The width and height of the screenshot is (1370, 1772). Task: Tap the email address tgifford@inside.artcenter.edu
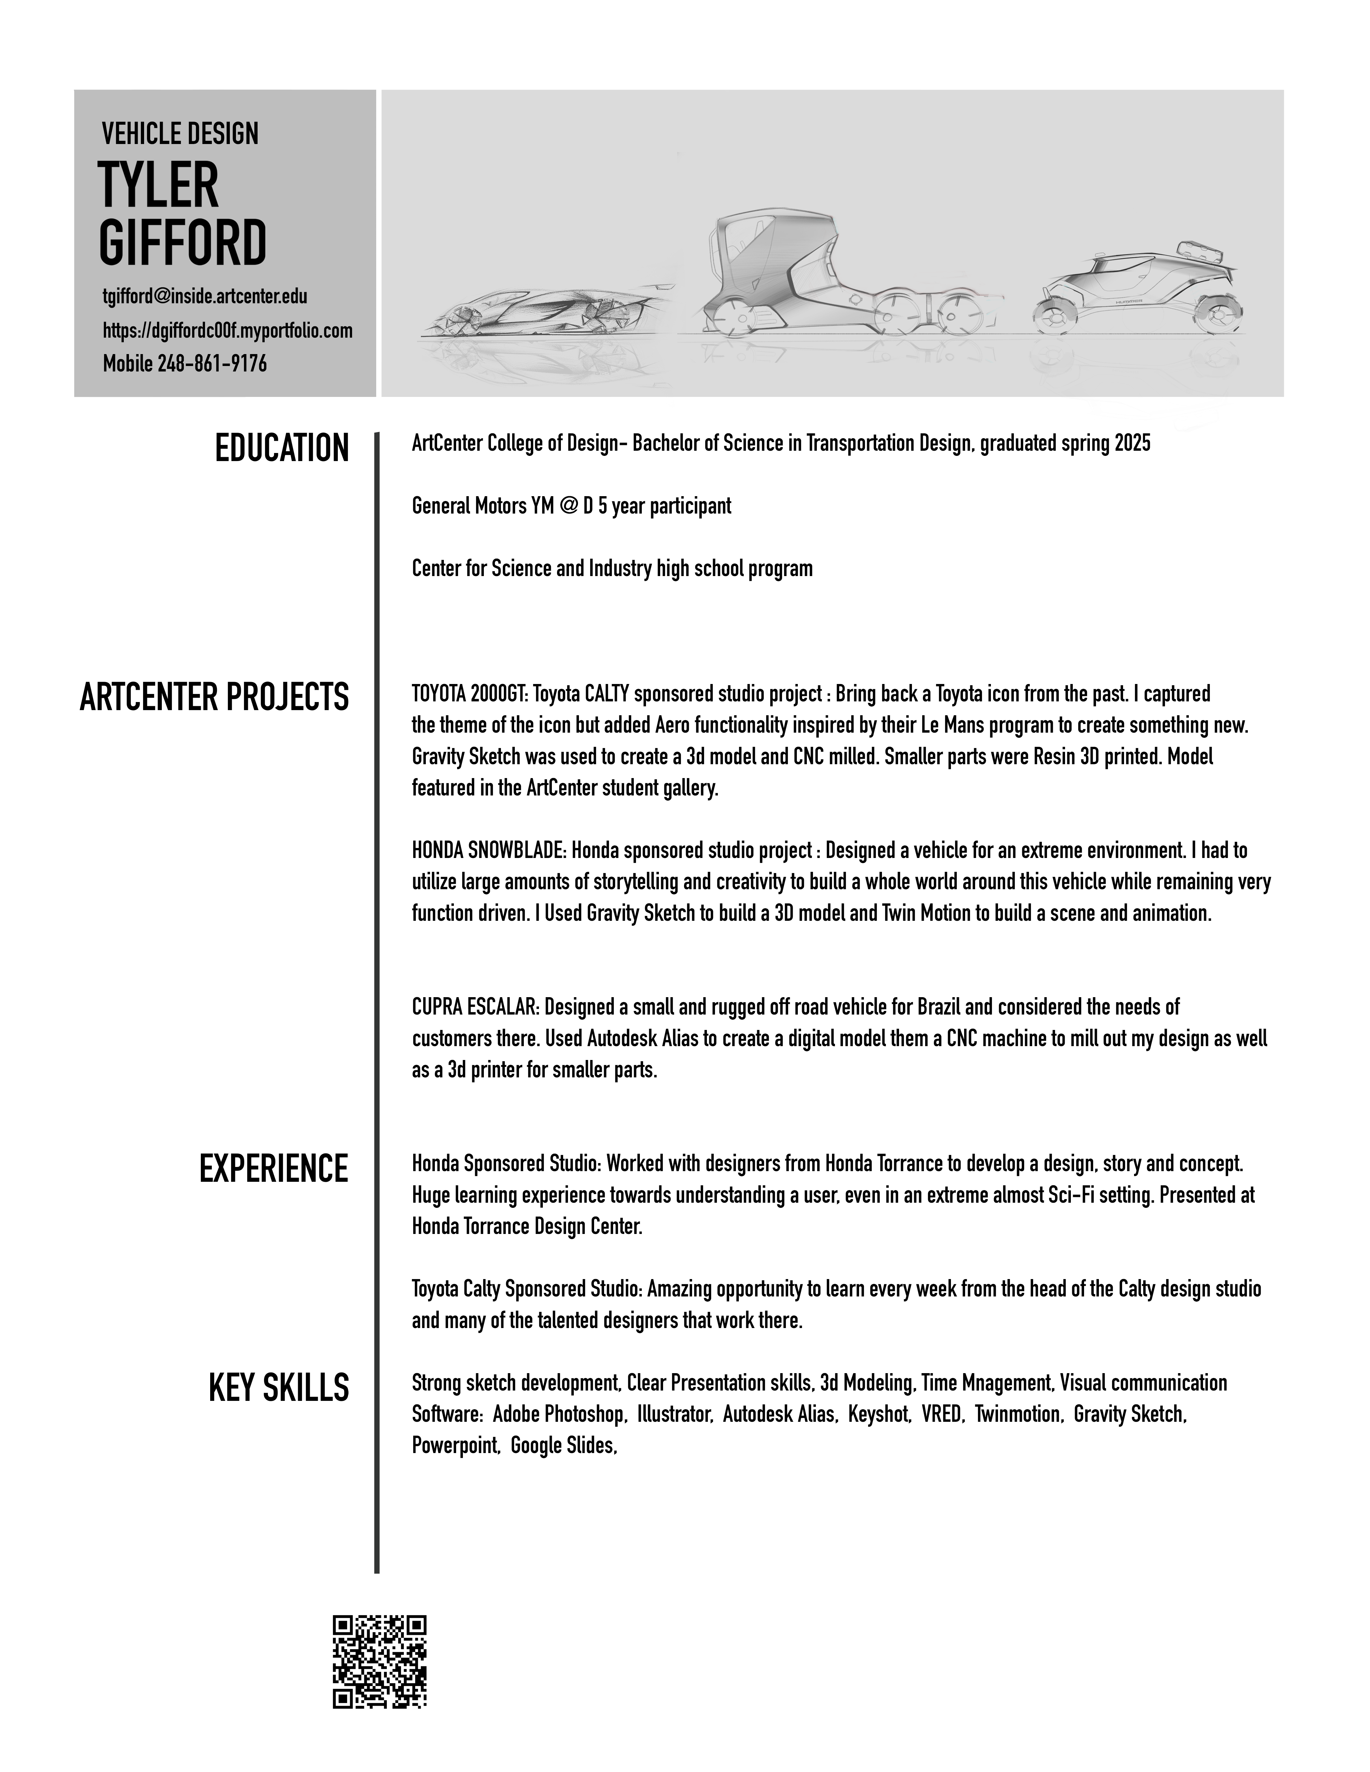pyautogui.click(x=204, y=296)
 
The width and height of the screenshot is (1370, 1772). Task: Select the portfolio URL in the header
pyautogui.click(x=227, y=330)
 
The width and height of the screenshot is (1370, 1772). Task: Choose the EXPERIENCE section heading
pyautogui.click(x=273, y=1168)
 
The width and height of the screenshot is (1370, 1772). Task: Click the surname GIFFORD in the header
pyautogui.click(x=182, y=242)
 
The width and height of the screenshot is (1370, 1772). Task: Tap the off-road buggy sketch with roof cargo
pyautogui.click(x=1136, y=288)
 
